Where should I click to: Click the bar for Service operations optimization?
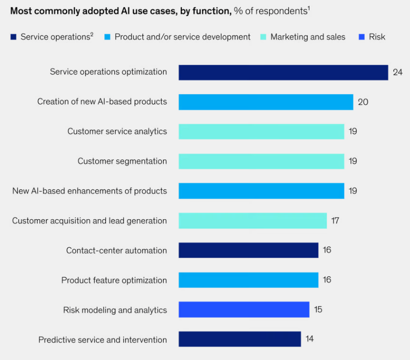(283, 72)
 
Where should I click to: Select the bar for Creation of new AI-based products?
(266, 102)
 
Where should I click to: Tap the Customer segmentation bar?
(261, 162)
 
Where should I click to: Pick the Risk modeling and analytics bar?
(243, 310)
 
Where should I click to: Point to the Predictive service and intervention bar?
(239, 339)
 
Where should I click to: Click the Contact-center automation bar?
(248, 250)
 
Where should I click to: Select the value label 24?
(398, 72)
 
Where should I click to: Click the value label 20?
(363, 102)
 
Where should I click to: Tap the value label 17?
(335, 221)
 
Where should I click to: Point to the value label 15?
(318, 310)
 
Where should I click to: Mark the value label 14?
(309, 339)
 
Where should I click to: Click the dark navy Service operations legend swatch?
(13, 37)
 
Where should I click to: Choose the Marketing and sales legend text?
(307, 37)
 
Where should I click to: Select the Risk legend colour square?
(362, 37)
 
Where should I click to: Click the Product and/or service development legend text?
(182, 37)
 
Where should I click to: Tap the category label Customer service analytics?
(117, 131)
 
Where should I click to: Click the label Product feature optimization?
(114, 280)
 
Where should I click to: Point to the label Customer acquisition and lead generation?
(89, 221)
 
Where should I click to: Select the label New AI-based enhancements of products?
(89, 191)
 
